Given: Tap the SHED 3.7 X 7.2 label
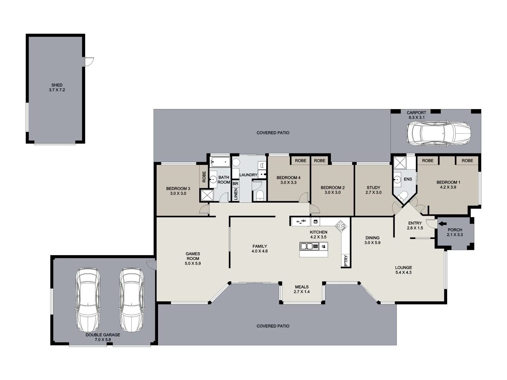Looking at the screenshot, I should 57,88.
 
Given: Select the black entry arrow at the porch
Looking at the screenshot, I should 442,223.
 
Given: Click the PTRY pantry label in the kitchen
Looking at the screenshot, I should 346,261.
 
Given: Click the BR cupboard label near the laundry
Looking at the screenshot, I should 235,184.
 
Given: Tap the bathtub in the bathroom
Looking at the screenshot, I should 220,162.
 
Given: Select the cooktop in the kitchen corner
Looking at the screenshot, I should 340,226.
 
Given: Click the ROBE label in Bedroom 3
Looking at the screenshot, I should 204,177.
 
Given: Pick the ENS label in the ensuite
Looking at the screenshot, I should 408,179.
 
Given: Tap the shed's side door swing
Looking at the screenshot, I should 89,62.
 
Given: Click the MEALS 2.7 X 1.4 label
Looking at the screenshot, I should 302,289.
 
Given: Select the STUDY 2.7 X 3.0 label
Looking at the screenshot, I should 373,190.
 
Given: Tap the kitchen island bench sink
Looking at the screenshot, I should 307,246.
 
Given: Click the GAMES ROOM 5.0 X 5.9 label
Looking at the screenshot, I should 193,258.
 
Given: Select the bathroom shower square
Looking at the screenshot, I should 207,195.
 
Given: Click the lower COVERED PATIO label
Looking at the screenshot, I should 273,326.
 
